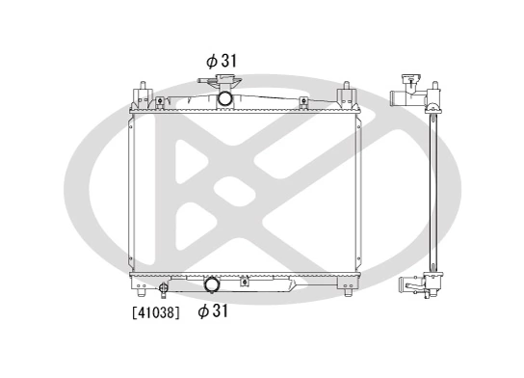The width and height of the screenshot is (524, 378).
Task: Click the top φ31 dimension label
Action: pyautogui.click(x=222, y=60)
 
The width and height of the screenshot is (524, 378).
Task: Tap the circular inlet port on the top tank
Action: pyautogui.click(x=224, y=97)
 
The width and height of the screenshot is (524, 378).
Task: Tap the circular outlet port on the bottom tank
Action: pyautogui.click(x=212, y=284)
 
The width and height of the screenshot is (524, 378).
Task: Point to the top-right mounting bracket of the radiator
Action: pyautogui.click(x=343, y=96)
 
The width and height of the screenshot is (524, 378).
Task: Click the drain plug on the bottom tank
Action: pyautogui.click(x=164, y=286)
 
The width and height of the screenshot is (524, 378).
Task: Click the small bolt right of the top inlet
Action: pyautogui.click(x=303, y=100)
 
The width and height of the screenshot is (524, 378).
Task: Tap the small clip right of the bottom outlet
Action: pyautogui.click(x=245, y=282)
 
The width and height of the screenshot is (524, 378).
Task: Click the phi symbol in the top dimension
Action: pyautogui.click(x=210, y=60)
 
